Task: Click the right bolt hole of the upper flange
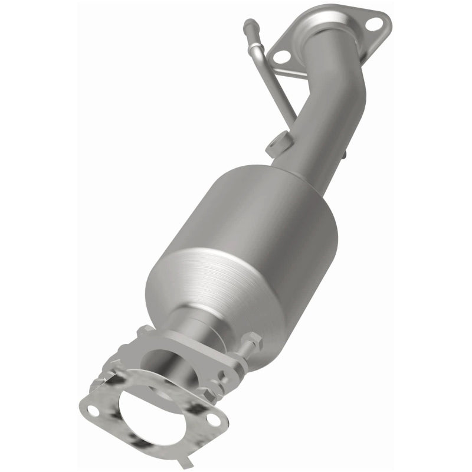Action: (x=373, y=24)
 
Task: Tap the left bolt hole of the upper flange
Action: (x=283, y=56)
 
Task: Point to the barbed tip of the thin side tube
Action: (x=248, y=25)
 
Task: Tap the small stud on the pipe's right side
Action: (x=343, y=155)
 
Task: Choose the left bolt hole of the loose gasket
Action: (x=91, y=408)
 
